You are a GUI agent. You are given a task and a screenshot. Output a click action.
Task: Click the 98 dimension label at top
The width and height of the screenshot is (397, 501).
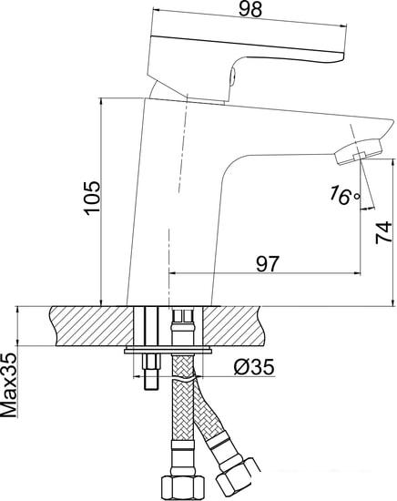pos(250,10)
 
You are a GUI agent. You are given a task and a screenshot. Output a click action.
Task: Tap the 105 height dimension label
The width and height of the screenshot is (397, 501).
pos(92,197)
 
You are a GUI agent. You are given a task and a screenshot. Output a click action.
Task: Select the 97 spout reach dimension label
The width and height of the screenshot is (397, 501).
pos(268,264)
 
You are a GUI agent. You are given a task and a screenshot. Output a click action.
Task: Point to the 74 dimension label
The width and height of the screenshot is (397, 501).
pos(383,233)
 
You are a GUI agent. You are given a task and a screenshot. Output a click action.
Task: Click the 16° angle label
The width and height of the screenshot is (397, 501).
pos(345,195)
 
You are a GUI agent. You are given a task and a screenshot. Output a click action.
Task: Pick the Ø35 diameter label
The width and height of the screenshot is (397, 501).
pos(254,367)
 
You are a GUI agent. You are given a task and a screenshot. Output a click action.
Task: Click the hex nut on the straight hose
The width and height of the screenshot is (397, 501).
pos(182,488)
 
